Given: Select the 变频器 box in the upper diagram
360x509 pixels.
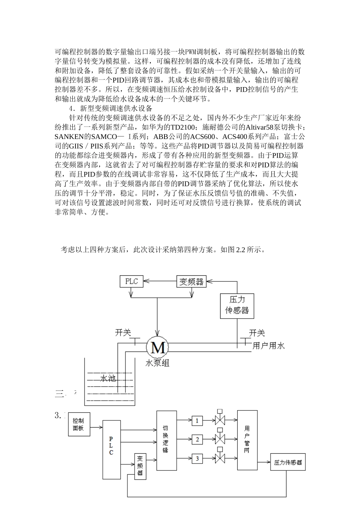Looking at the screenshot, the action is (x=191, y=281).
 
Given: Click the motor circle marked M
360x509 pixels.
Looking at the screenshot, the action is (x=157, y=347).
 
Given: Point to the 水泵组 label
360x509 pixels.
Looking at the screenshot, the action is (x=157, y=363).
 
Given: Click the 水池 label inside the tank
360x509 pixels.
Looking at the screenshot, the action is (x=108, y=378).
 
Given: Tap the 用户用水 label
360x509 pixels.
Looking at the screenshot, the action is (x=268, y=345).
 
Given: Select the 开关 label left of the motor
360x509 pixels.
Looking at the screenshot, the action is (x=123, y=333).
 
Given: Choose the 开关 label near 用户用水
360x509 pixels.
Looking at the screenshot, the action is (x=257, y=333).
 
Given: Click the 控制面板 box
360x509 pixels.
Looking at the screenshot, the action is (x=78, y=424).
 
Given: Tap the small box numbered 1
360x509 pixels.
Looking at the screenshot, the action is (x=197, y=420).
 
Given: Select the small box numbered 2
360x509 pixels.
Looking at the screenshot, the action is (x=197, y=439).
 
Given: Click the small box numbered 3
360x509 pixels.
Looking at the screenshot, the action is (x=197, y=458).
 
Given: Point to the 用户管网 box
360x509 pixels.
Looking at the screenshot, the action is (x=247, y=439).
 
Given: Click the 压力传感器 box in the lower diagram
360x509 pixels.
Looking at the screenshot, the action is (x=288, y=462).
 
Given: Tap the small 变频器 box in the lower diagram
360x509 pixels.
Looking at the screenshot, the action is (x=140, y=466).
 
